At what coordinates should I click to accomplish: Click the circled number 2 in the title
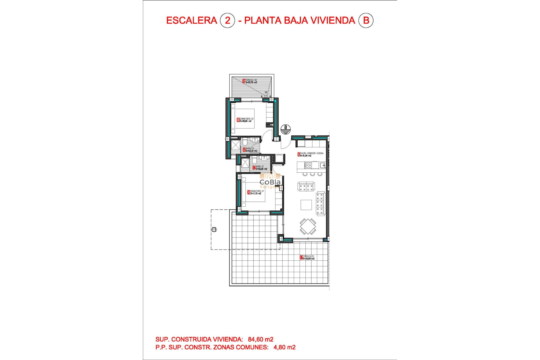(227, 21)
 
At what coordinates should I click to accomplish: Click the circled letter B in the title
(366, 21)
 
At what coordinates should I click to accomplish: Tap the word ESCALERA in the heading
(192, 21)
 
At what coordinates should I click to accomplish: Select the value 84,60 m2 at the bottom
(260, 339)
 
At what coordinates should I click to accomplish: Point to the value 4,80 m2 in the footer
(284, 347)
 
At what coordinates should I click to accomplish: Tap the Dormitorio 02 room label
(245, 120)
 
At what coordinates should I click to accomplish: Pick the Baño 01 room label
(260, 168)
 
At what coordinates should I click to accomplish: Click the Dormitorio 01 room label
(256, 192)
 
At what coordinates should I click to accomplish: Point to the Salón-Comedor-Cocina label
(310, 154)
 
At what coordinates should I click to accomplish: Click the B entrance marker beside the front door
(285, 129)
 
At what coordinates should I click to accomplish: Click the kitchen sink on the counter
(323, 165)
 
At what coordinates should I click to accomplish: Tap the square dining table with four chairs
(308, 226)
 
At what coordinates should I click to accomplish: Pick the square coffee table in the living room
(306, 205)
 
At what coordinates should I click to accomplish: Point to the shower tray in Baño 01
(245, 163)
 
